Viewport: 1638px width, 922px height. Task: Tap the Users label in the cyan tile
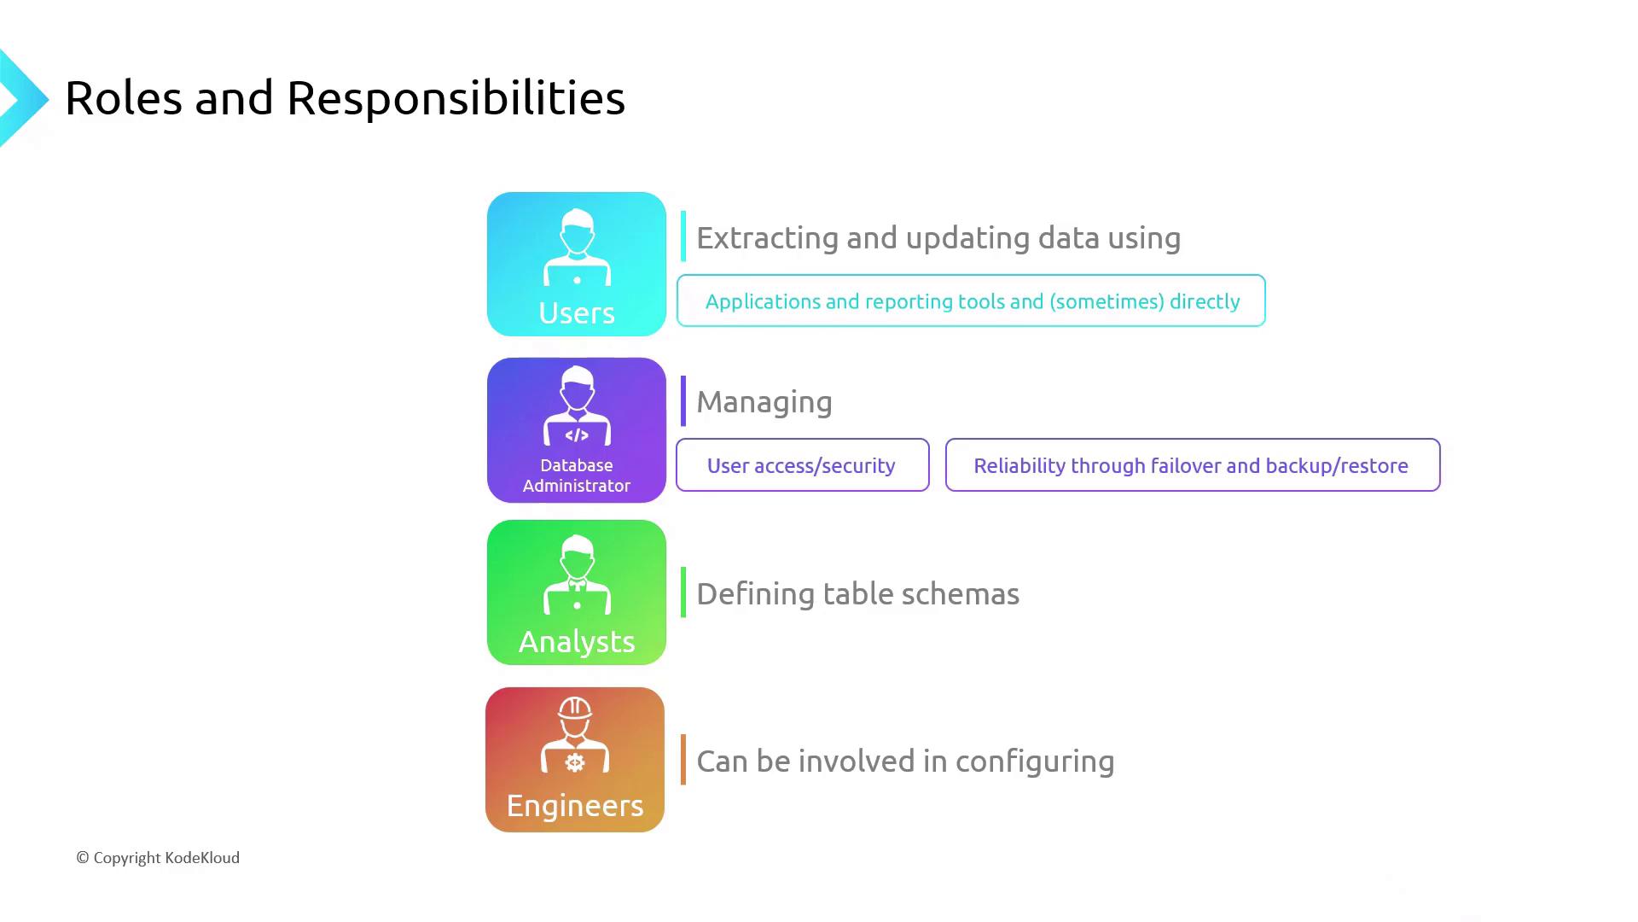(577, 313)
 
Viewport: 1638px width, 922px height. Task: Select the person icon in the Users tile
(577, 247)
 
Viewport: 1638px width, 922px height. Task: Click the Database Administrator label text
(577, 476)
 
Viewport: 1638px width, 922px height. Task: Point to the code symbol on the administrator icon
(577, 435)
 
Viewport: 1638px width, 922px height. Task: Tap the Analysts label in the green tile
(577, 641)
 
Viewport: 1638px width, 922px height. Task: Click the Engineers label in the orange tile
(575, 805)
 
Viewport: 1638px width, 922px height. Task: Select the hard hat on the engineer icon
(575, 708)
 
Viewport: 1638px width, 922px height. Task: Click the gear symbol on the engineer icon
(575, 762)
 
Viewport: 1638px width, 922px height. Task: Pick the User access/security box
(802, 465)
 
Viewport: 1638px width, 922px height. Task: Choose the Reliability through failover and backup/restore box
(1192, 465)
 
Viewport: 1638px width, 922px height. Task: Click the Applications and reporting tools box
(971, 301)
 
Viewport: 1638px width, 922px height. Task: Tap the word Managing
(764, 402)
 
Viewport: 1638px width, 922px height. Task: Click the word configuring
(1035, 762)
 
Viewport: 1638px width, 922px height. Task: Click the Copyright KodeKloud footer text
(159, 858)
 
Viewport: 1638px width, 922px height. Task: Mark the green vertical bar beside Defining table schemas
(683, 592)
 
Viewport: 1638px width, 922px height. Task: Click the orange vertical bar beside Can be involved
(683, 759)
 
